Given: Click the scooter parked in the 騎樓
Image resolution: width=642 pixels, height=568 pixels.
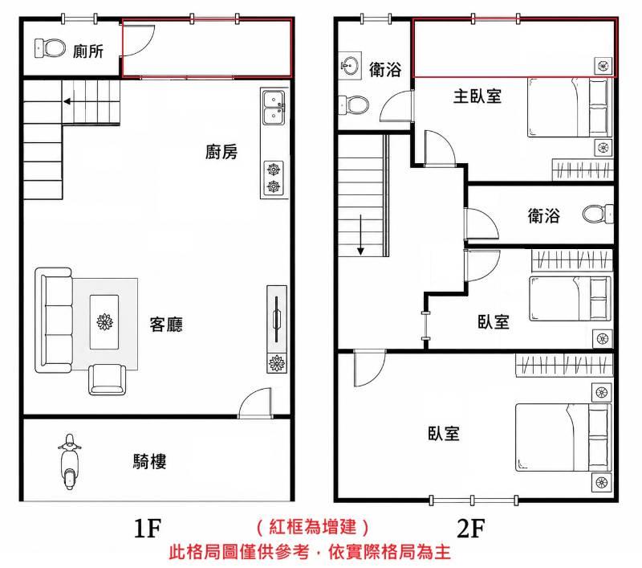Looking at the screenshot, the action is pos(69,462).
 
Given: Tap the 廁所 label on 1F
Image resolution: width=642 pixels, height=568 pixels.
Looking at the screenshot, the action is pos(88,51).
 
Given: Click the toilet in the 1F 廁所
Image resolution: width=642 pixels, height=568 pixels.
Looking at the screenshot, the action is pos(50,48).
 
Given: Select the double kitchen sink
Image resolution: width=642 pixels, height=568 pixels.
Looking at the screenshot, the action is pos(274,108).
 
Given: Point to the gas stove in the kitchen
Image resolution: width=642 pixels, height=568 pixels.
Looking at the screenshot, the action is pos(274,178).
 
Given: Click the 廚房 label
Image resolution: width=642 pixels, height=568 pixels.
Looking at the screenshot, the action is pos(221,152).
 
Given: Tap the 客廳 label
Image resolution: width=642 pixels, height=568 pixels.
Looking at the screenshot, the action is pos(166,325).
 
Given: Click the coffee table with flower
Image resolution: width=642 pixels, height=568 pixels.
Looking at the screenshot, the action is pos(104,322).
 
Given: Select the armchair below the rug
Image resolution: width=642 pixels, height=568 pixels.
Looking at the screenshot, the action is pos(108,379).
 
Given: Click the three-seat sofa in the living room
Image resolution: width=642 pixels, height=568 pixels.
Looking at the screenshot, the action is pos(54,321).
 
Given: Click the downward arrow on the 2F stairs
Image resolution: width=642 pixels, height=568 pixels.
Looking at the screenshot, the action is pos(360,235).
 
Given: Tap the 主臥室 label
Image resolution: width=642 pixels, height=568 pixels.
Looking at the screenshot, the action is pos(477,96).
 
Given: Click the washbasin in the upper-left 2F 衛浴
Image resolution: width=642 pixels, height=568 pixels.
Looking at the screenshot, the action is pos(350,66).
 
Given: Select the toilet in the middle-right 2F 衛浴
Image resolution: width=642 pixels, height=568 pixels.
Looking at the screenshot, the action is pos(598,214).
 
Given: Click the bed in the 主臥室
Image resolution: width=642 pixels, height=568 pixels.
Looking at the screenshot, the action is pos(570,108).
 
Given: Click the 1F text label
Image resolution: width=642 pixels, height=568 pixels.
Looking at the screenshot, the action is pos(148,528).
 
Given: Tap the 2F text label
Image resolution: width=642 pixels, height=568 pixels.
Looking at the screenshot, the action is pos(471,528).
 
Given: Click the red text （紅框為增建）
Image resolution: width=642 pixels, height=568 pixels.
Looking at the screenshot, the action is pos(313,526).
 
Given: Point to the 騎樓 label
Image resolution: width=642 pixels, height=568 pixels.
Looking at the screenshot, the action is pos(150,461).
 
